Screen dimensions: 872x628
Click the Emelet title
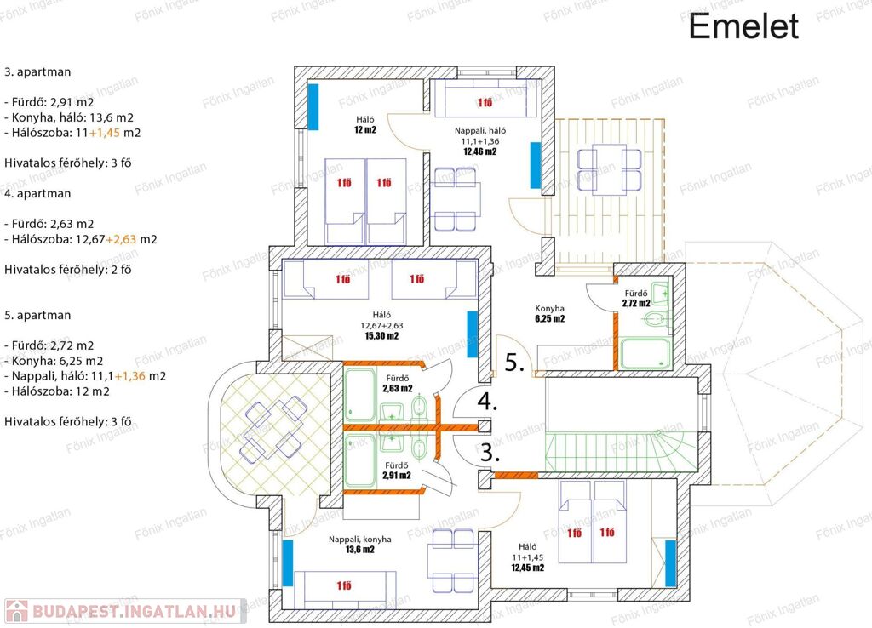743,26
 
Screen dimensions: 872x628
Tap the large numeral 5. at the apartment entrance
514,363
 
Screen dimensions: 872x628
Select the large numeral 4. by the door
487,402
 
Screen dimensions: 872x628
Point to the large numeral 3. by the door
490,453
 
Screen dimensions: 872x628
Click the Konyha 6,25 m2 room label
550,313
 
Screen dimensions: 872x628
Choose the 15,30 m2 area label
381,335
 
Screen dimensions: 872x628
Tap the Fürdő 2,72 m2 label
636,299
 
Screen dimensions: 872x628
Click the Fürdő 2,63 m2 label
398,384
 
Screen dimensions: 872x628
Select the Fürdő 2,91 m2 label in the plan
397,471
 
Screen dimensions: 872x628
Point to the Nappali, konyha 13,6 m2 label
360,544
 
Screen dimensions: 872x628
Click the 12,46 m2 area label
480,151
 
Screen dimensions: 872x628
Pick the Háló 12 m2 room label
364,124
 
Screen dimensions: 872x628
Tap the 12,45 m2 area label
528,568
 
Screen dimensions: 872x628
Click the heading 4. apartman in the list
37,193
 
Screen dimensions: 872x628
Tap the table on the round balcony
273,427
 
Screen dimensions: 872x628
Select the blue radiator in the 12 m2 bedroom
313,106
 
